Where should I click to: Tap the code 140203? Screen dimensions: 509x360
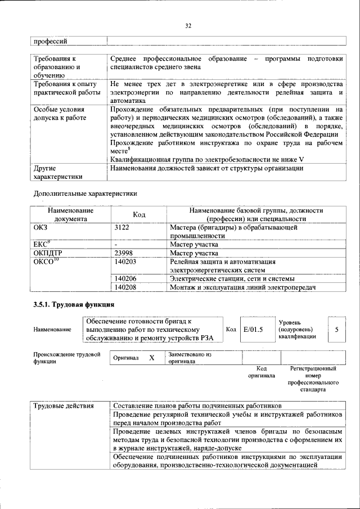pyautogui.click(x=125, y=262)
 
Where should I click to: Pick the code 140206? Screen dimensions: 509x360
pyautogui.click(x=125, y=279)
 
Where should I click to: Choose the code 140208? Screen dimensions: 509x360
pyautogui.click(x=125, y=287)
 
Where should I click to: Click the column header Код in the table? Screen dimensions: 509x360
pyautogui.click(x=138, y=215)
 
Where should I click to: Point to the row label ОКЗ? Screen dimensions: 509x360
pyautogui.click(x=42, y=228)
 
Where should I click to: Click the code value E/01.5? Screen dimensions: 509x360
pyautogui.click(x=253, y=330)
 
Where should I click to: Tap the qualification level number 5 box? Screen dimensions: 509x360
pyautogui.click(x=336, y=330)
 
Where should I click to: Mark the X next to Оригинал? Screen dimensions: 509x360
pyautogui.click(x=151, y=358)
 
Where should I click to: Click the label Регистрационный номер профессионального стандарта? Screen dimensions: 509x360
pyautogui.click(x=313, y=379)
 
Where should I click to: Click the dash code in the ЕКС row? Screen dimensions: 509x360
pyautogui.click(x=115, y=245)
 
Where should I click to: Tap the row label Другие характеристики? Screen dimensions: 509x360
pyautogui.click(x=54, y=172)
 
